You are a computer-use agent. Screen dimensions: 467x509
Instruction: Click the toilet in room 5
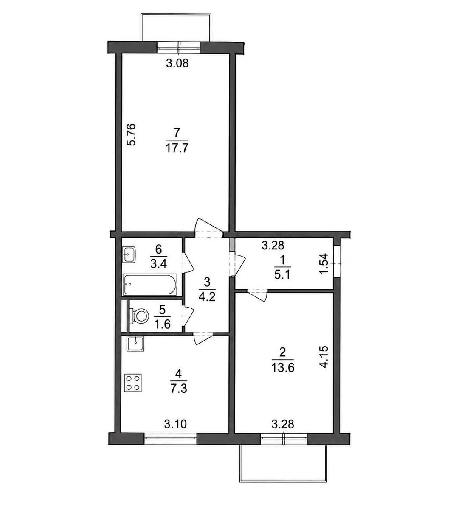pos(139,316)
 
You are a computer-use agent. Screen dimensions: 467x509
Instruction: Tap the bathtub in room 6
pos(150,285)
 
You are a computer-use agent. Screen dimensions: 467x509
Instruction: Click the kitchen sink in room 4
pos(136,344)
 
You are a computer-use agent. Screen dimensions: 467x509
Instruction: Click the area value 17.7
pos(177,148)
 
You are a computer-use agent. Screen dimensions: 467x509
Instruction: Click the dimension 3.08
pos(177,63)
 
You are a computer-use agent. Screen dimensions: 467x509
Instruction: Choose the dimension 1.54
pos(324,265)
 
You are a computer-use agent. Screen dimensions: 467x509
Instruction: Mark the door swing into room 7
pos(208,226)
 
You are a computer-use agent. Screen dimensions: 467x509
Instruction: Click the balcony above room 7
pos(176,28)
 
